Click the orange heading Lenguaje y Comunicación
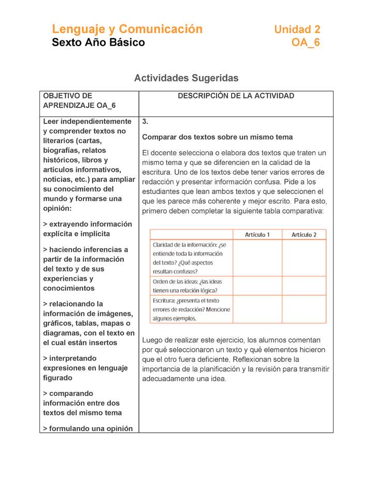click(x=127, y=29)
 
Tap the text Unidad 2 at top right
click(x=297, y=30)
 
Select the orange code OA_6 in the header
click(x=306, y=42)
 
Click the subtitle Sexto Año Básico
click(x=98, y=42)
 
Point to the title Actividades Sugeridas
click(x=186, y=78)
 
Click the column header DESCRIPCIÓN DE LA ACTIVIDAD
click(x=236, y=96)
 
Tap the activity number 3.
click(x=146, y=122)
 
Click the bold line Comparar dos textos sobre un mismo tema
click(x=218, y=137)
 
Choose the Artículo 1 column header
click(x=257, y=235)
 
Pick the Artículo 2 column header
click(x=304, y=235)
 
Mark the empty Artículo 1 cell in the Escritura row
click(x=257, y=309)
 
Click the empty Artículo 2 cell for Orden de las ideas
click(x=304, y=286)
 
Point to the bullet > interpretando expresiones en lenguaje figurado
click(x=85, y=368)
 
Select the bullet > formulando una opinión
click(x=88, y=428)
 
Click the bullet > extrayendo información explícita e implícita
click(x=88, y=229)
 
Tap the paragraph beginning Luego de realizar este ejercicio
click(x=236, y=359)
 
